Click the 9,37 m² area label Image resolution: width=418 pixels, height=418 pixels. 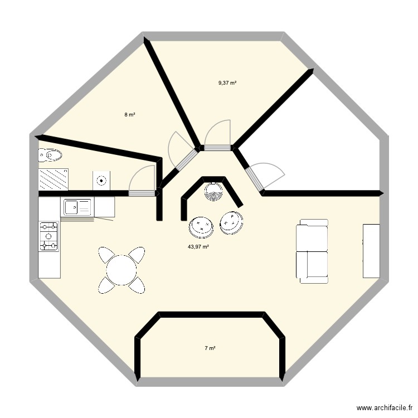click(227, 83)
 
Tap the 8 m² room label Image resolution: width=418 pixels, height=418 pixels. click(130, 115)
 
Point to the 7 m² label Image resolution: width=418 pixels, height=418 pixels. click(210, 348)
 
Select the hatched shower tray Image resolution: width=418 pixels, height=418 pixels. click(53, 179)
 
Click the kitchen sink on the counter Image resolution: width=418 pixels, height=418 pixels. click(77, 207)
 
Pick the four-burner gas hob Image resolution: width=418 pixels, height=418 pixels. click(48, 235)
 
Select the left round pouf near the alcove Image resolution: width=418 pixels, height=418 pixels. click(201, 226)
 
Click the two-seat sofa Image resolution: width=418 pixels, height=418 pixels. click(312, 251)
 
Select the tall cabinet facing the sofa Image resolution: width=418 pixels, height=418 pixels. click(371, 251)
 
